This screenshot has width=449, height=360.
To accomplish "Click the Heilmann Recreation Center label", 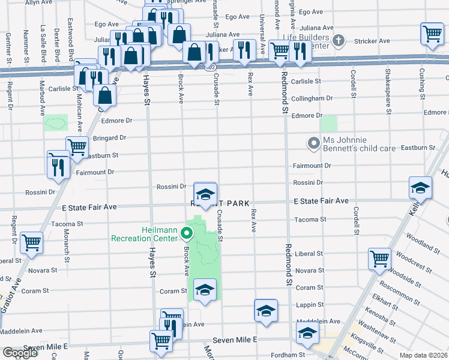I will point(145,234).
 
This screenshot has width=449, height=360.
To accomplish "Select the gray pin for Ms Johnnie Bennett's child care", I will point(312,143).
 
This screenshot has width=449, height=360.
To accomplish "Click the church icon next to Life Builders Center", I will point(339,41).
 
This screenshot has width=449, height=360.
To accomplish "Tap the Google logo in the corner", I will point(20,353).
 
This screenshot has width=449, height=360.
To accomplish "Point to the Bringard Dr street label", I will point(109,138).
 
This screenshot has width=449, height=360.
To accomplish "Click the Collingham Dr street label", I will point(312,98).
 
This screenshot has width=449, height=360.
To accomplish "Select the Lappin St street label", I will point(310,305).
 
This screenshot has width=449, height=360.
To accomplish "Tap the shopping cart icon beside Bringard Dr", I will point(76,146).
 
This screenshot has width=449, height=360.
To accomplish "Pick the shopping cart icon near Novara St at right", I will point(380,259).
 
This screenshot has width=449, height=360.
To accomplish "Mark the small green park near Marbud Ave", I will point(56,122).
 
